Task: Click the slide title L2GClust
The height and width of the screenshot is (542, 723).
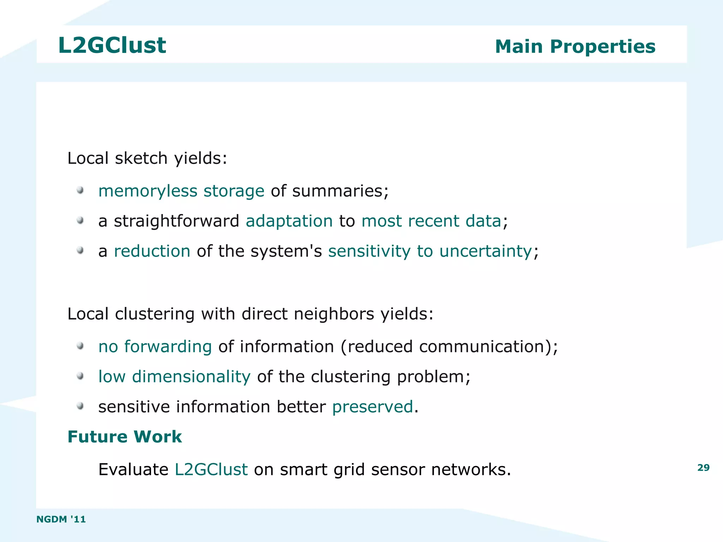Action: click(112, 45)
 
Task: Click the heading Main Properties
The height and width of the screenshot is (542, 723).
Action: click(575, 47)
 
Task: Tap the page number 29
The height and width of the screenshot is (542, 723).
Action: click(703, 467)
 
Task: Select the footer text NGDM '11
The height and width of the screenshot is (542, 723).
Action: click(61, 519)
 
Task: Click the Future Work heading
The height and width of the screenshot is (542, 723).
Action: click(125, 437)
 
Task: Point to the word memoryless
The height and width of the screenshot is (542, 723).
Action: click(148, 191)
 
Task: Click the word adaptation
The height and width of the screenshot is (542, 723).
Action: click(289, 221)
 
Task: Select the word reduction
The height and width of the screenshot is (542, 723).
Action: click(152, 251)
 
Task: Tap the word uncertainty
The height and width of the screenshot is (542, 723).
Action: click(485, 251)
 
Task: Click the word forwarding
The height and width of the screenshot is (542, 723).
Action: click(168, 346)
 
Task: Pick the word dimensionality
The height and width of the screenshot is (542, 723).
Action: click(191, 376)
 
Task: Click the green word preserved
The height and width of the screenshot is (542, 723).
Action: click(372, 406)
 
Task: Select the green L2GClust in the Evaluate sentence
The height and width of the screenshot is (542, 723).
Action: click(211, 469)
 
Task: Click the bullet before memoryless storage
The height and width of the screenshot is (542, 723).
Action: click(80, 190)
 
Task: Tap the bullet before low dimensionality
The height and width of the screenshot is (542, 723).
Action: click(80, 376)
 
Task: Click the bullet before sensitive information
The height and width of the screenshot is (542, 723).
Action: click(80, 406)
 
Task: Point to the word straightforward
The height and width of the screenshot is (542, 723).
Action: click(177, 221)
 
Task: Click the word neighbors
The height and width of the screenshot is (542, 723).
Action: click(334, 314)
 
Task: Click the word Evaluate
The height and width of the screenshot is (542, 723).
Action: click(133, 469)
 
